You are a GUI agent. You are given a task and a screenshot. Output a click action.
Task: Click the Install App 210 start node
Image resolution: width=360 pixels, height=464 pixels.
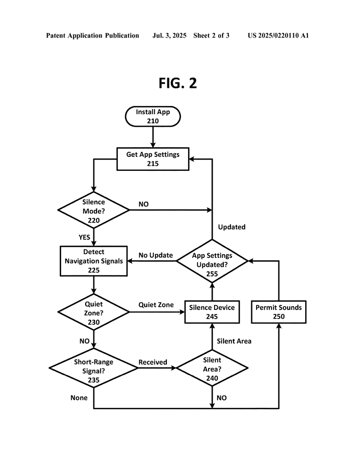(x=153, y=116)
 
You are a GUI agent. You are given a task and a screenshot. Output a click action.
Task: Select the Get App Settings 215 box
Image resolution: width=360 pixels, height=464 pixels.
(x=153, y=159)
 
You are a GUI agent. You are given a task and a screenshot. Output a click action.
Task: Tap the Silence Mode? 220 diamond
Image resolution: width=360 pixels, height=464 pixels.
(x=93, y=210)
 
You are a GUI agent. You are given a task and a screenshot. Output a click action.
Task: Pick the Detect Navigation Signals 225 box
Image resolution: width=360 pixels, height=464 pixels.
(x=93, y=261)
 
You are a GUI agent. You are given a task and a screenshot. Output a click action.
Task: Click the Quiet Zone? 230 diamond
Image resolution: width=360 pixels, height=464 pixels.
(x=93, y=312)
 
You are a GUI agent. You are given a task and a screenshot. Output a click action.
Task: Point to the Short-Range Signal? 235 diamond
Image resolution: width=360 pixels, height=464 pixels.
(x=93, y=368)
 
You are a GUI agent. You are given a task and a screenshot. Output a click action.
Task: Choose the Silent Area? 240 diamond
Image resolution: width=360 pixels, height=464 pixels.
(x=212, y=368)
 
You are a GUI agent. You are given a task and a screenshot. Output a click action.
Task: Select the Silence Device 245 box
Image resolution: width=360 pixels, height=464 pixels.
(x=212, y=312)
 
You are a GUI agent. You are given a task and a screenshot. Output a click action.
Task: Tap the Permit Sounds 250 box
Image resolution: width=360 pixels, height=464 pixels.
(x=278, y=312)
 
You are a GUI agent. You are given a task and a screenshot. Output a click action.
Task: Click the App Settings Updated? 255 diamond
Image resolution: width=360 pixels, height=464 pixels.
(x=212, y=261)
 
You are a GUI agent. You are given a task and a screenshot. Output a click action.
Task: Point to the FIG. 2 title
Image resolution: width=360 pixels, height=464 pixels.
(x=178, y=83)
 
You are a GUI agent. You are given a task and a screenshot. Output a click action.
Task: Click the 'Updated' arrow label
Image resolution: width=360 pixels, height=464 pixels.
(x=232, y=227)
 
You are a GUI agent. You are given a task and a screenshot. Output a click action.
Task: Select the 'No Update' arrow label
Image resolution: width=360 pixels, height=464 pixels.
(x=156, y=255)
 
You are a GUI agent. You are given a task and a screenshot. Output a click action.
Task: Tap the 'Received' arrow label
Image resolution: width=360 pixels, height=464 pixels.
(x=153, y=362)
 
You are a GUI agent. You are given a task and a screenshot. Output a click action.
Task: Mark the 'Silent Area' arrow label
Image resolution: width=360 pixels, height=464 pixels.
(x=234, y=341)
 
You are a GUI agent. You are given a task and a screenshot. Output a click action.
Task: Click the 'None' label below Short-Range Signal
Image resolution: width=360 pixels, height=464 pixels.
(x=79, y=398)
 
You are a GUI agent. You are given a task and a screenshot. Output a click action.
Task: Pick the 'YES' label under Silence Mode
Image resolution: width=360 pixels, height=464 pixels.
(x=84, y=237)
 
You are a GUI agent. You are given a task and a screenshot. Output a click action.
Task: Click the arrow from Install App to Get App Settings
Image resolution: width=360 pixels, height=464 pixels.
(x=153, y=137)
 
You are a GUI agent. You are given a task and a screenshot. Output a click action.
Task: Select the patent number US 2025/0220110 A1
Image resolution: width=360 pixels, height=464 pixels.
(x=278, y=35)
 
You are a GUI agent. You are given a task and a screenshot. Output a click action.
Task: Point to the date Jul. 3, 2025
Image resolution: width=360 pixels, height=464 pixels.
(x=169, y=35)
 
